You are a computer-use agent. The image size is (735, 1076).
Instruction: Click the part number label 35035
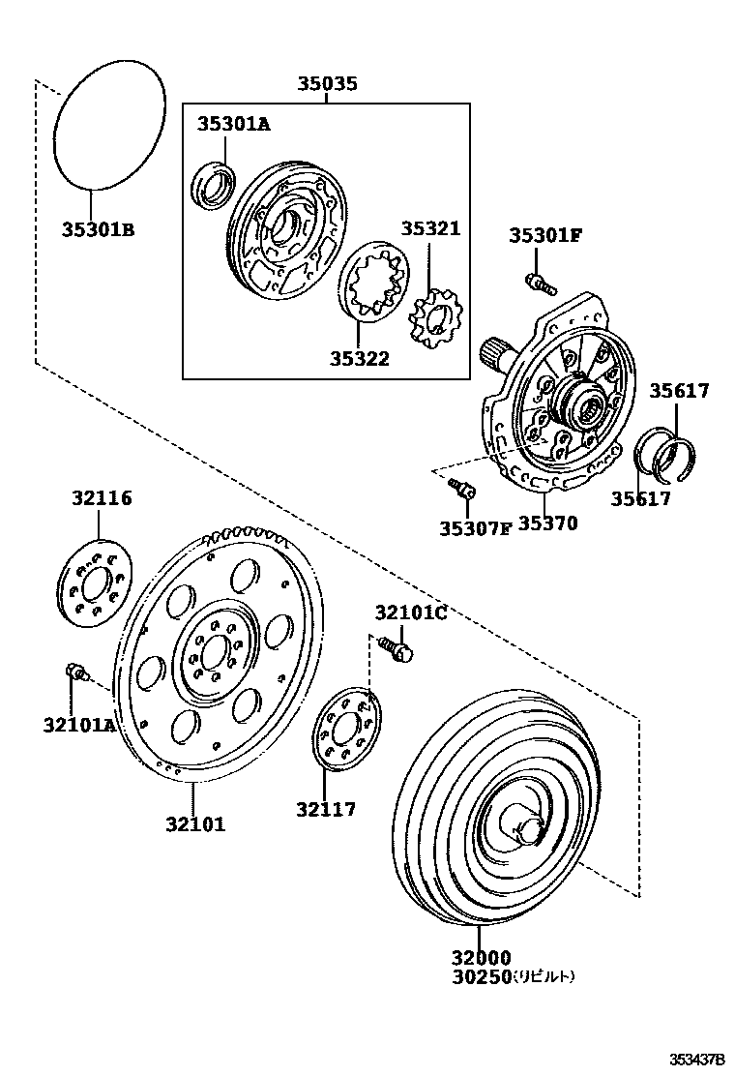327,84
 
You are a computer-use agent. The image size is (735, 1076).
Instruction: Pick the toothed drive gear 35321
437,322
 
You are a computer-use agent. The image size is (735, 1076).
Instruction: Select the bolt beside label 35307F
464,491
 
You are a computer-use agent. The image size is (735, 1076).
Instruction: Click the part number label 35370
547,523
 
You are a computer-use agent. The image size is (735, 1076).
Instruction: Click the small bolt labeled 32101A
74,672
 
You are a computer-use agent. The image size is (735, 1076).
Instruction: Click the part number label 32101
194,824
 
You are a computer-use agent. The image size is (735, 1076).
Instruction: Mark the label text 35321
431,229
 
